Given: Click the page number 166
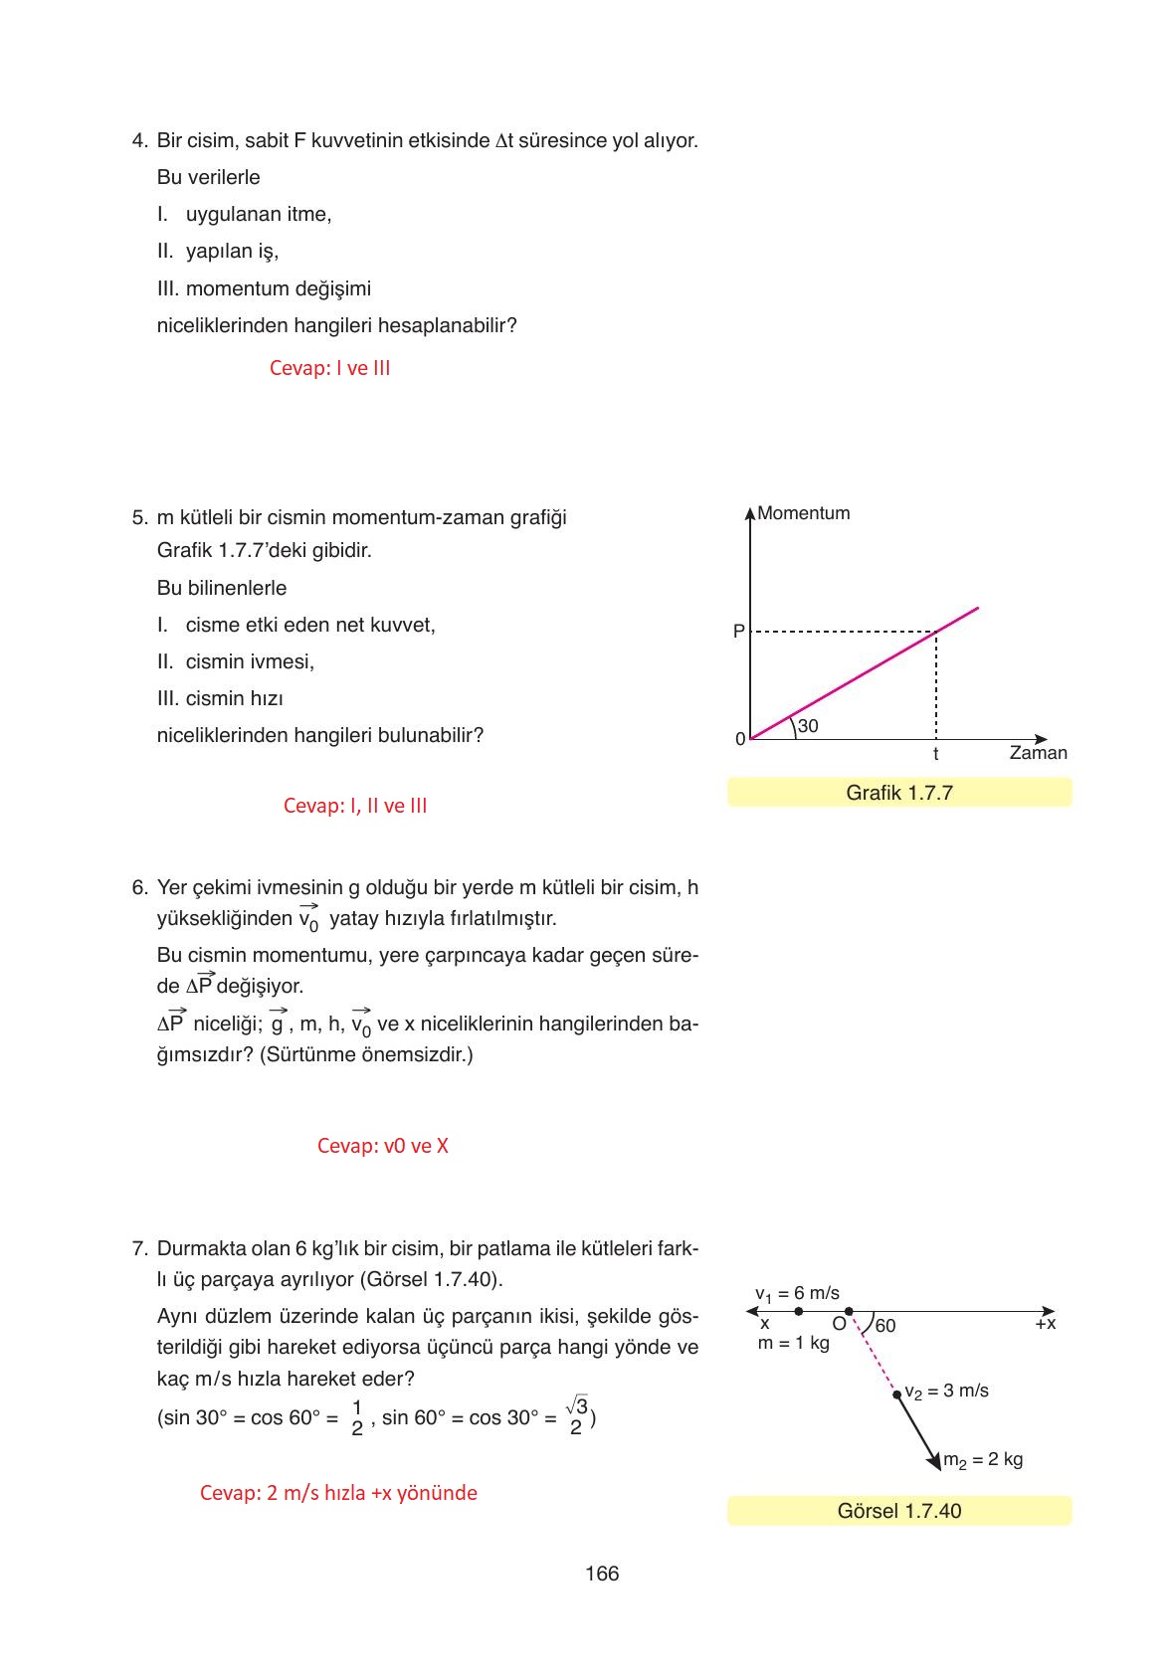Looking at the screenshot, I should click(x=602, y=1574).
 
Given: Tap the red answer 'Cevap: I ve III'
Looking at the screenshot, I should click(x=329, y=368).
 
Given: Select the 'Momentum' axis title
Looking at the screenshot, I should click(x=803, y=513).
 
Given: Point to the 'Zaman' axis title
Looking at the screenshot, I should click(x=1038, y=753).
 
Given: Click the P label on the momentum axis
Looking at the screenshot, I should click(x=738, y=632).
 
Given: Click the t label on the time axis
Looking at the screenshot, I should click(x=935, y=755).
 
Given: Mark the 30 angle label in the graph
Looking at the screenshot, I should click(x=808, y=726).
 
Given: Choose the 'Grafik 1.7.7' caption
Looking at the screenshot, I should click(x=899, y=793).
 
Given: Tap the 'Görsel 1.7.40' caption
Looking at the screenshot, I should click(x=899, y=1511).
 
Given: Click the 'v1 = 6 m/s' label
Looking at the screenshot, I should click(x=797, y=1294).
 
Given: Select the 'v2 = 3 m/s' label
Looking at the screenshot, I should click(x=946, y=1391).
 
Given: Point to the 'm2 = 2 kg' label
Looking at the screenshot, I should click(x=983, y=1460).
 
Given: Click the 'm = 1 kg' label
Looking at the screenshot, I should click(x=793, y=1343).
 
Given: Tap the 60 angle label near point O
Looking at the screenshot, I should click(x=884, y=1326).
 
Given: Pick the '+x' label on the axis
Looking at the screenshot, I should click(x=1045, y=1324).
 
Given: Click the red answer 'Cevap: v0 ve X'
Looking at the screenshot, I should click(x=382, y=1146).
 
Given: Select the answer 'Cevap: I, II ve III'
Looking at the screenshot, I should click(x=355, y=806).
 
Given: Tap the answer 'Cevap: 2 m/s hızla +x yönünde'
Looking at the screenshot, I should click(x=338, y=1493).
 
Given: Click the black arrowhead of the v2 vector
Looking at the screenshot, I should click(x=934, y=1460).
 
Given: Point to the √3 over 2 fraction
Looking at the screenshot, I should click(x=576, y=1416).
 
